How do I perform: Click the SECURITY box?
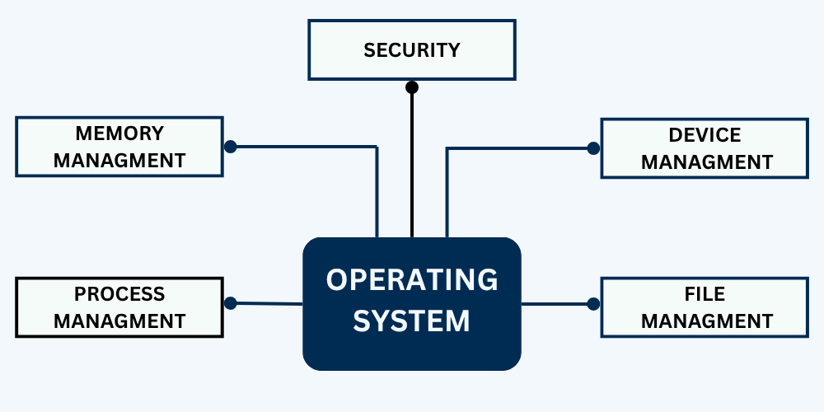(x=411, y=49)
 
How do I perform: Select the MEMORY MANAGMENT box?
(x=119, y=146)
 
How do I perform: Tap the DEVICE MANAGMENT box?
(x=705, y=147)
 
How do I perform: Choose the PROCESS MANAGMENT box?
(x=119, y=307)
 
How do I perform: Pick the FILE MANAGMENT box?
(x=705, y=307)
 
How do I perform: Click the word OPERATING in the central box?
(x=412, y=280)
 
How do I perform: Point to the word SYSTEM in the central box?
(x=412, y=321)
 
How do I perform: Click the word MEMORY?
(x=119, y=133)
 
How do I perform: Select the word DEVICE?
(x=705, y=135)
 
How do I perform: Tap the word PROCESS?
(x=119, y=294)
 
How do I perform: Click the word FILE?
(x=705, y=294)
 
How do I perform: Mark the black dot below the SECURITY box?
(x=412, y=87)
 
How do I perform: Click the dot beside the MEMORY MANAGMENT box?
(x=231, y=147)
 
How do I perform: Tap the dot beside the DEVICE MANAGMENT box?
(x=593, y=148)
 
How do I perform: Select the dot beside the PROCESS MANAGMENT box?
(x=231, y=303)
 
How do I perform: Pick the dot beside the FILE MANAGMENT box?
(x=593, y=304)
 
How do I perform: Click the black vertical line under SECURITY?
(x=412, y=165)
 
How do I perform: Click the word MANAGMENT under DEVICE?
(x=707, y=162)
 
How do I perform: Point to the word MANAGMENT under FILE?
(x=707, y=321)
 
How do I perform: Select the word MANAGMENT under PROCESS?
(x=119, y=320)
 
